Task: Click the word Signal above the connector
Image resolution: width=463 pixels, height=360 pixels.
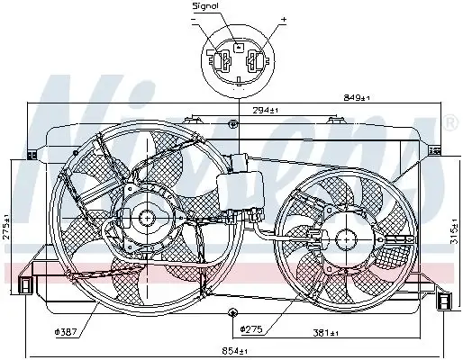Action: click(x=206, y=6)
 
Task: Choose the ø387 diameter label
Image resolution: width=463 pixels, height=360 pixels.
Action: click(x=66, y=332)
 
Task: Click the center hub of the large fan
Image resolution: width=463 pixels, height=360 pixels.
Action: click(x=145, y=218)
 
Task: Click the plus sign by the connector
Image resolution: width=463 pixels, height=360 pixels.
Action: click(x=283, y=19)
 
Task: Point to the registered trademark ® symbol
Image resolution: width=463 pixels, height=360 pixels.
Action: click(x=449, y=121)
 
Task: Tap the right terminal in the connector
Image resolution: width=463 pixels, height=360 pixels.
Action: click(x=255, y=65)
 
